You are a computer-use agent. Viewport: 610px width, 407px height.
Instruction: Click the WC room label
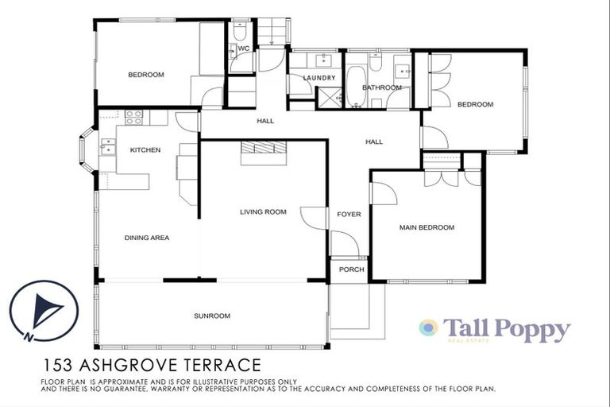point(244,49)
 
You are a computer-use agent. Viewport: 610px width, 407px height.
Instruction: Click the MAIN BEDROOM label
point(427,228)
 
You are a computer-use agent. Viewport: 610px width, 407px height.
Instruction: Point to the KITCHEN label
point(145,150)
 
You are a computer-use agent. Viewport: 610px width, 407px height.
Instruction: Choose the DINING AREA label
point(146,238)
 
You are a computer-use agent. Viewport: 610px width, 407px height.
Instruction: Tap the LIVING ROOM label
point(263,212)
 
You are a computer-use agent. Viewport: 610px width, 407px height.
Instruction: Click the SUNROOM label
point(211,316)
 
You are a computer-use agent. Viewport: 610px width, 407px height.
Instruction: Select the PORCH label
point(350,270)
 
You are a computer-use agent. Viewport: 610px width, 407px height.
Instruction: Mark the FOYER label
point(349,215)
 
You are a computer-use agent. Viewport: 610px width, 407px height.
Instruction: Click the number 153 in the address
point(58,366)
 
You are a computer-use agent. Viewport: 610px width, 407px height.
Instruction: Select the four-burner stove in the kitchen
point(133,117)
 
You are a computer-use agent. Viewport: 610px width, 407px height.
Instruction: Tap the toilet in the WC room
point(241,33)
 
